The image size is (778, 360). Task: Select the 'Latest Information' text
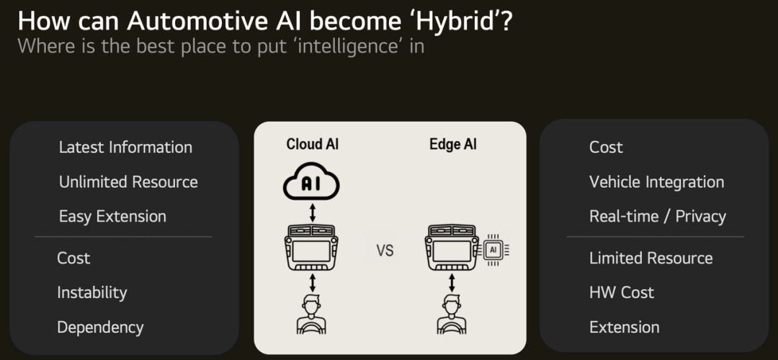[x=125, y=148]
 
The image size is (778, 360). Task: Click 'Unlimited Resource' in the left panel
[x=128, y=182]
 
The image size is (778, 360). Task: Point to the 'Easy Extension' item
[x=112, y=217]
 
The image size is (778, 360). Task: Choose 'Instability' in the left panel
[x=91, y=292]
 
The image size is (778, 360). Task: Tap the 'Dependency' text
[x=100, y=328]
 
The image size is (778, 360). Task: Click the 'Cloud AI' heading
[x=312, y=144]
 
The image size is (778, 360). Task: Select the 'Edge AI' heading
[x=453, y=144]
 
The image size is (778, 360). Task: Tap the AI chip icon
[x=493, y=249]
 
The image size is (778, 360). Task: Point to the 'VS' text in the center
[x=385, y=251]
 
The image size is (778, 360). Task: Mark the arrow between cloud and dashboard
[x=312, y=212]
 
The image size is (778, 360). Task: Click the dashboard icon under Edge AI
[x=452, y=248]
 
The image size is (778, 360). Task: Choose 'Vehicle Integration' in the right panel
[x=656, y=182]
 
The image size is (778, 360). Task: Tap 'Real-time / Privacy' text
[x=658, y=217]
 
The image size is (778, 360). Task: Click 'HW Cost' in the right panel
[x=622, y=292]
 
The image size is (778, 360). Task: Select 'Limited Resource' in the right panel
[x=651, y=258]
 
